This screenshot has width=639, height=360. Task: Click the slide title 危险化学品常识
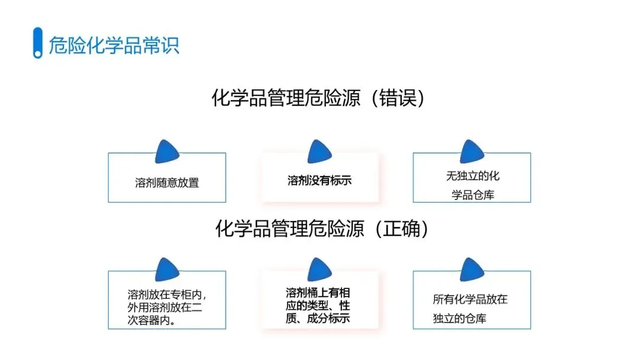pyautogui.click(x=114, y=45)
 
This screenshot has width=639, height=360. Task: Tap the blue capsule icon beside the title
pyautogui.click(x=37, y=43)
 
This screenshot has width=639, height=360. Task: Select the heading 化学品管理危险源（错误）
pyautogui.click(x=318, y=98)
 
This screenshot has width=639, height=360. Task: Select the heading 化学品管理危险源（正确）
pyautogui.click(x=322, y=229)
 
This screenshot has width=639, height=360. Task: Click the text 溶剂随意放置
pyautogui.click(x=167, y=182)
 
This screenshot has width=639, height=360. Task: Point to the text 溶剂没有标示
pyautogui.click(x=319, y=180)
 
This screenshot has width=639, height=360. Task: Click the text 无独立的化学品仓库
pyautogui.click(x=472, y=185)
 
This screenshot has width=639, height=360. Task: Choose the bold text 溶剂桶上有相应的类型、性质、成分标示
pyautogui.click(x=318, y=306)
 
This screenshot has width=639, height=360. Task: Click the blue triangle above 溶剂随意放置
pyautogui.click(x=167, y=153)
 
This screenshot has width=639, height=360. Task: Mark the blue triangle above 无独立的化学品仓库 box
pyautogui.click(x=472, y=153)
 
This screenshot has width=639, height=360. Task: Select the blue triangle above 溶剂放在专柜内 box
pyautogui.click(x=167, y=271)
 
